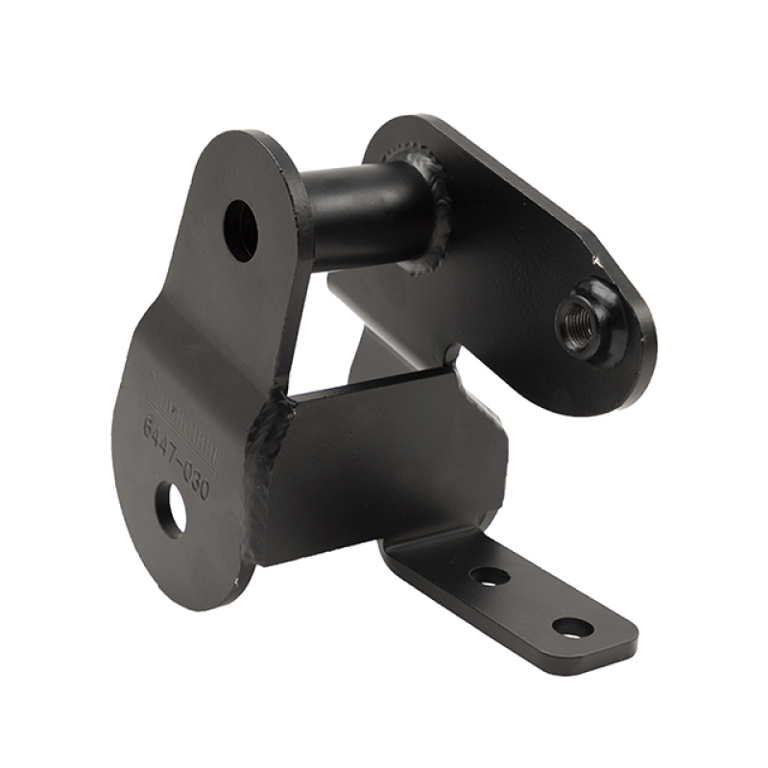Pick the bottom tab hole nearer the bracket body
tap(490, 577)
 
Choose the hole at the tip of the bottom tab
tap(572, 628)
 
